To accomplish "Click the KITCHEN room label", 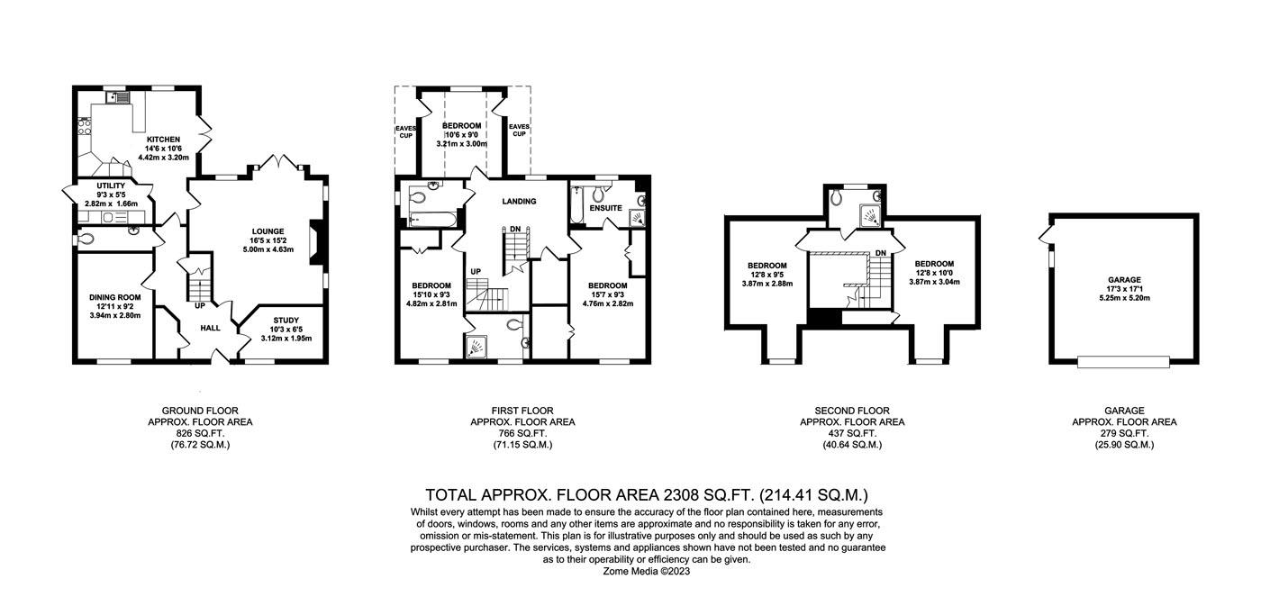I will pyautogui.click(x=164, y=139).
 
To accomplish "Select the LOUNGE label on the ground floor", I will pyautogui.click(x=268, y=231).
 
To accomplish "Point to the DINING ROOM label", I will pyautogui.click(x=115, y=297).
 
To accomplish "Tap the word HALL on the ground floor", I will pyautogui.click(x=211, y=328).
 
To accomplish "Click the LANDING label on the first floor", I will pyautogui.click(x=518, y=201).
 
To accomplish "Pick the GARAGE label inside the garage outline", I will pyautogui.click(x=1124, y=280).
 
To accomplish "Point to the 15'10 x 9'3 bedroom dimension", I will pyautogui.click(x=431, y=294).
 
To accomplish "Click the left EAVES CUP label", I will pyautogui.click(x=405, y=131).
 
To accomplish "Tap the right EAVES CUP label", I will pyautogui.click(x=518, y=131).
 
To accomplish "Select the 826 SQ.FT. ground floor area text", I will pyautogui.click(x=200, y=433).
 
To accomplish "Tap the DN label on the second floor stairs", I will pyautogui.click(x=880, y=253).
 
